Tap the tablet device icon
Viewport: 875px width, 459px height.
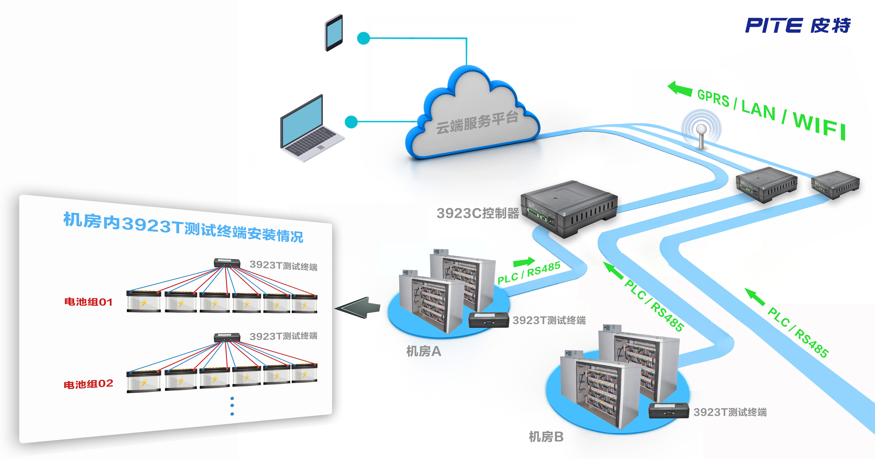334,33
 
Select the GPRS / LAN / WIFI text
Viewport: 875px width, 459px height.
771,114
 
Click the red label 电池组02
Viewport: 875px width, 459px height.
88,384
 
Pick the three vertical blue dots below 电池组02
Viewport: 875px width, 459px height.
232,406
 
